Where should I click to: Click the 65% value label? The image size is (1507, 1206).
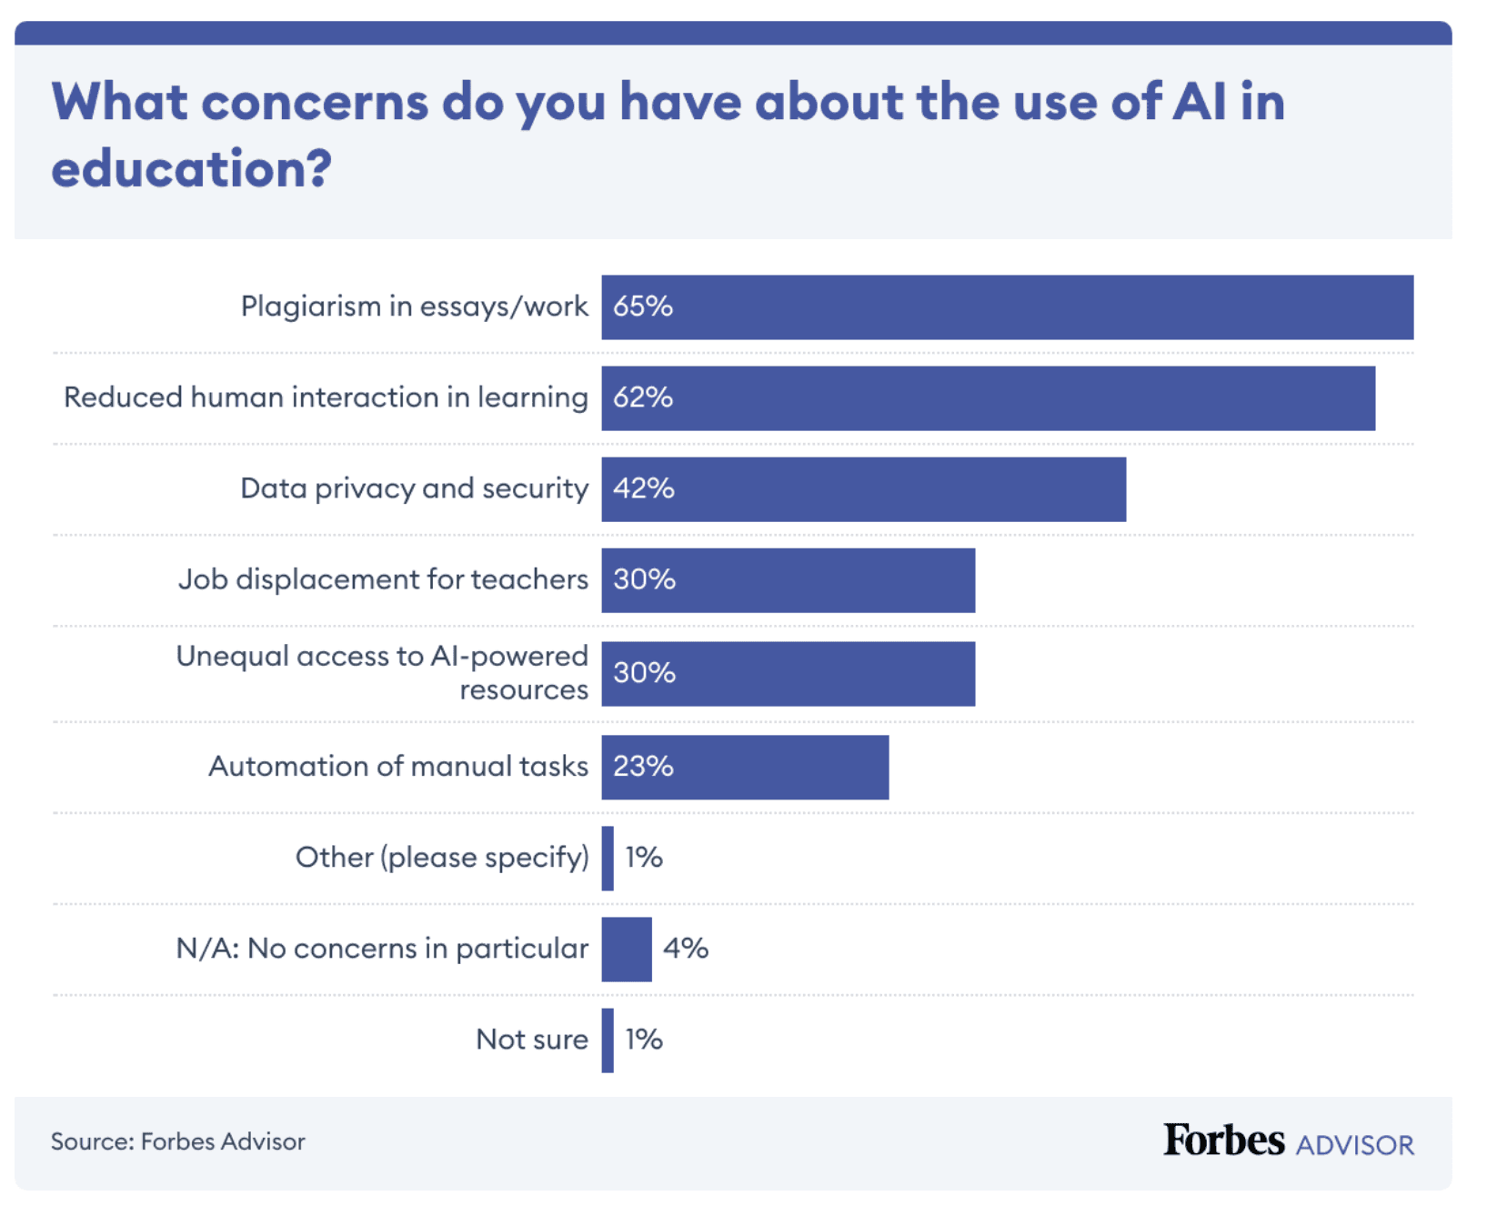642,307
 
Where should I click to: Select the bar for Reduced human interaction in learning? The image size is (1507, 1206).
988,398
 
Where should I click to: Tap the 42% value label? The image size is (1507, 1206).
643,488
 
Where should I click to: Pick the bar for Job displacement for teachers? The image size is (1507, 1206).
788,580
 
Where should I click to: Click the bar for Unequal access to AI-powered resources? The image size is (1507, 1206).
788,674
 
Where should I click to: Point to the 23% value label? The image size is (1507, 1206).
643,767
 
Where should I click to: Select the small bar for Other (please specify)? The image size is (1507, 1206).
608,859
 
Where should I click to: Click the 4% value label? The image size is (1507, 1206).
685,949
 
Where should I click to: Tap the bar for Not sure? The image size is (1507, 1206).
608,1040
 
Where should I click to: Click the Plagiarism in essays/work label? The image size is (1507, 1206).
414,307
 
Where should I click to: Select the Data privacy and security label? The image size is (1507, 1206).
414,488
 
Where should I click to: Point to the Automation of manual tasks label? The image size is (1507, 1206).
398,767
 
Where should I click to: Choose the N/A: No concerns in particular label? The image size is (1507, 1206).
382,949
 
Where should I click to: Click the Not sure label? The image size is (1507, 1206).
532,1040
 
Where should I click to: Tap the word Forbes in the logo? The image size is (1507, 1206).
1223,1141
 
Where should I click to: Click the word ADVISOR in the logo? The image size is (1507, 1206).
1354,1145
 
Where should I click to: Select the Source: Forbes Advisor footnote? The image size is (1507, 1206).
178,1141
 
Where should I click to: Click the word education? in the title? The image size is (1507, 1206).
192,169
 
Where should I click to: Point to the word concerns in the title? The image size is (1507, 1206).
315,102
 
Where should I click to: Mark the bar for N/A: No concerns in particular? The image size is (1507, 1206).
627,950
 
